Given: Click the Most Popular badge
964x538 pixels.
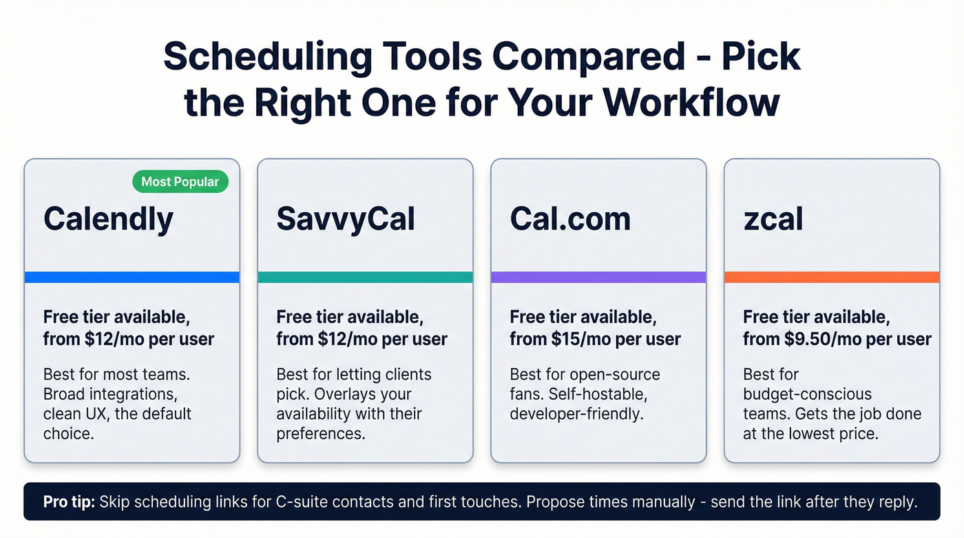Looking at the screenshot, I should click(x=180, y=182).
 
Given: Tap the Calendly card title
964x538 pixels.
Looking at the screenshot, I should click(x=108, y=219).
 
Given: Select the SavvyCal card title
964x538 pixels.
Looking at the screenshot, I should click(x=346, y=219).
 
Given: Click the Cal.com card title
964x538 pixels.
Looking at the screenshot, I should click(x=570, y=219).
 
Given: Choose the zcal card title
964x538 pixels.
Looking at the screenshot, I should click(x=773, y=219).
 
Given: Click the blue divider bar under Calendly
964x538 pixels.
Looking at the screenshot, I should click(x=132, y=277).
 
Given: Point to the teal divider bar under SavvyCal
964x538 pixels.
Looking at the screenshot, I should click(x=365, y=277).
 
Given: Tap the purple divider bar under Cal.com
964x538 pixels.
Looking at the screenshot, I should click(x=598, y=277).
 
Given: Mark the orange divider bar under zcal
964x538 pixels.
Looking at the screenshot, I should click(x=832, y=277).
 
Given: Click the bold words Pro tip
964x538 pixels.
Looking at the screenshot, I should click(x=69, y=501).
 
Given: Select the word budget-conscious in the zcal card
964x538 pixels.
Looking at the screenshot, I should click(x=807, y=395).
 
